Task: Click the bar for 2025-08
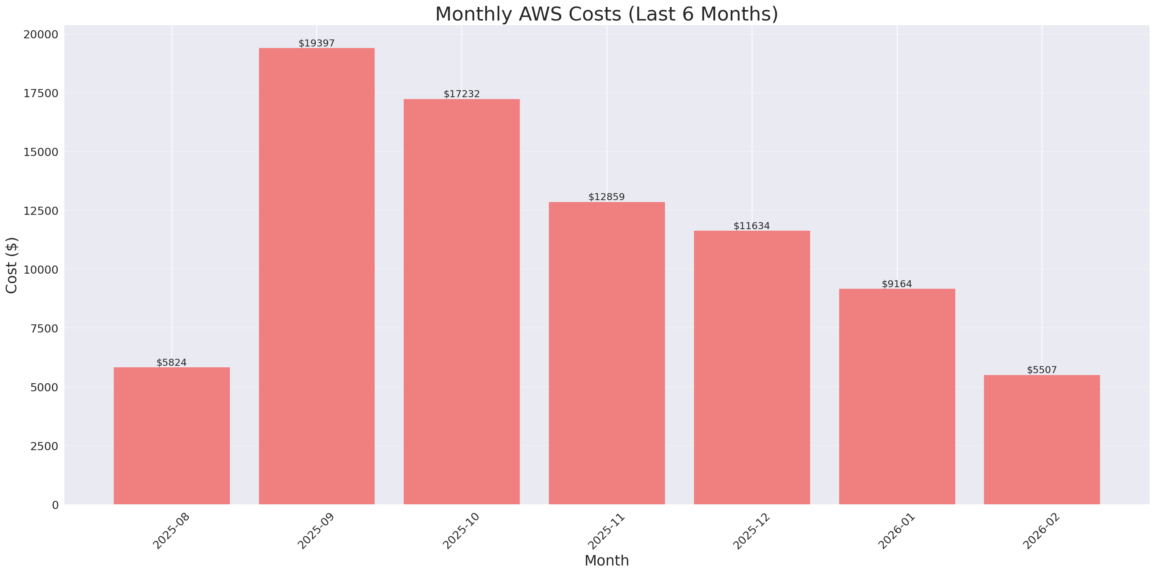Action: (172, 435)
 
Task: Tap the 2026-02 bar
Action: (1042, 439)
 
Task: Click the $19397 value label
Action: (317, 43)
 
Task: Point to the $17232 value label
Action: (461, 94)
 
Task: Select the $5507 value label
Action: (1042, 370)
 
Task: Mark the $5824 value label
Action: (172, 362)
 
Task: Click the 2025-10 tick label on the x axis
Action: (461, 531)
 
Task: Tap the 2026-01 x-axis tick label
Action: (897, 531)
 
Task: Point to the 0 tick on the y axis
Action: (55, 505)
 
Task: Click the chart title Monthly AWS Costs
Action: (606, 14)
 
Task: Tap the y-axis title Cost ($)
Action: (12, 265)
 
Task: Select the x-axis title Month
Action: (606, 560)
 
